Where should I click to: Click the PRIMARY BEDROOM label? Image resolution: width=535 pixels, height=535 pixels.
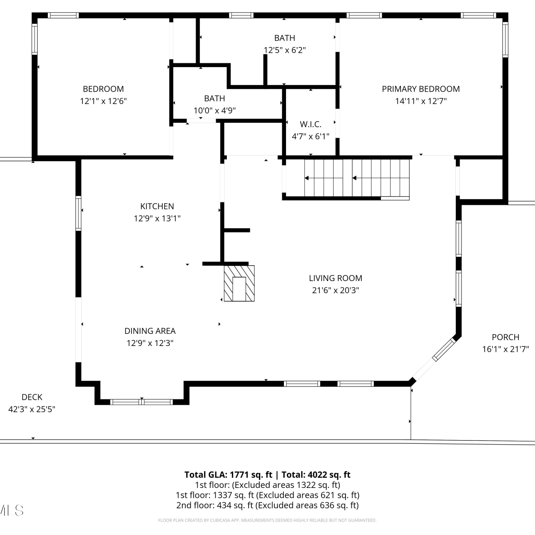click(421, 89)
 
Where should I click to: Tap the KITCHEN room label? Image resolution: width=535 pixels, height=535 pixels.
click(157, 206)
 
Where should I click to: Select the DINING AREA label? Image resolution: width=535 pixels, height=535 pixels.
click(150, 331)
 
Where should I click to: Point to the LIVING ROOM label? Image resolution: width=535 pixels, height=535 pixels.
click(336, 278)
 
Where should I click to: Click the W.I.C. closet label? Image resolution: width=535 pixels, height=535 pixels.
click(311, 124)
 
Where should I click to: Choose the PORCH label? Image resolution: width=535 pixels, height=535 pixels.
click(505, 337)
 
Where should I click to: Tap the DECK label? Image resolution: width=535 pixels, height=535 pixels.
click(32, 397)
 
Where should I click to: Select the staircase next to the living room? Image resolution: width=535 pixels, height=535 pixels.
click(357, 178)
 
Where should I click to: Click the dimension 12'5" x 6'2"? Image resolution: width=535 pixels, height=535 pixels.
click(285, 50)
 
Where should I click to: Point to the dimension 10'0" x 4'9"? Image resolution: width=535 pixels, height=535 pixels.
click(215, 111)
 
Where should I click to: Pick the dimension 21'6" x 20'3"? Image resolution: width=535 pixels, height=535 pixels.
click(336, 290)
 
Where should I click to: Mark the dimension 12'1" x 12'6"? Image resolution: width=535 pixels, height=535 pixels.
click(103, 101)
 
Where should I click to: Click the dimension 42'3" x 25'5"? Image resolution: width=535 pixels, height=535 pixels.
click(32, 409)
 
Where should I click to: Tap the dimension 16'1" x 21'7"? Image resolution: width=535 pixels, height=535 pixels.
click(506, 349)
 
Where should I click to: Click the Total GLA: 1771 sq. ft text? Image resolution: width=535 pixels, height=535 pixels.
click(228, 475)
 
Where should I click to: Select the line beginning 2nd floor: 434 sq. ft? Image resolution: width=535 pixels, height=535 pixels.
click(267, 505)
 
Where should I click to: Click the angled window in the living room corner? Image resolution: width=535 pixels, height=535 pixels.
click(444, 350)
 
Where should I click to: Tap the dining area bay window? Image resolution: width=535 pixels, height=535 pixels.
click(142, 402)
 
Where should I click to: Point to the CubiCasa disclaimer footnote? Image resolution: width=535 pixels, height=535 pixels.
click(267, 520)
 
